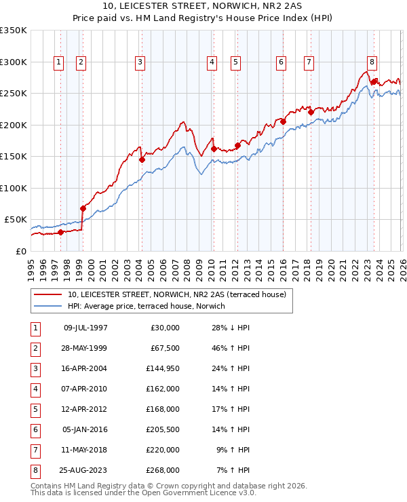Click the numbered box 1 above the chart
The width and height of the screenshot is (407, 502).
(x=58, y=62)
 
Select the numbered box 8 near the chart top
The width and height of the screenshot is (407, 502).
(x=372, y=62)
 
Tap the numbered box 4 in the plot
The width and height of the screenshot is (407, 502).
(x=212, y=62)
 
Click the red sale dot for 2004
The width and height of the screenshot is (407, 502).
(x=142, y=160)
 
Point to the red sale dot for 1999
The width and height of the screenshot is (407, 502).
(x=83, y=208)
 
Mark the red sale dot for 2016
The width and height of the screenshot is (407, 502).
(x=283, y=122)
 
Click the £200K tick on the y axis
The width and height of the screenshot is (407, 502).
(x=14, y=125)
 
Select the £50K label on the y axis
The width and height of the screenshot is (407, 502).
(x=15, y=220)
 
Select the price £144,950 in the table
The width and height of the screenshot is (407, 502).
(x=163, y=369)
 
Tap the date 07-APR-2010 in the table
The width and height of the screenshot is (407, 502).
(x=85, y=389)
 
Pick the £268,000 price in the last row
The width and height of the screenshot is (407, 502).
(x=163, y=470)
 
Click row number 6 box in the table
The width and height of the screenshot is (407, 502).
(x=34, y=429)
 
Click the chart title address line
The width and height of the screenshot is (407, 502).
(x=203, y=6)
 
